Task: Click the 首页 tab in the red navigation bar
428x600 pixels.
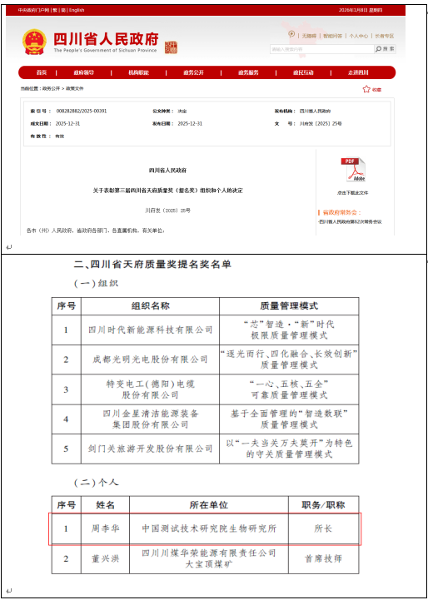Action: tap(42, 72)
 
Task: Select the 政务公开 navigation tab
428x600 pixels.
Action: tap(192, 72)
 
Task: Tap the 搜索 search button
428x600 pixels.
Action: tap(385, 49)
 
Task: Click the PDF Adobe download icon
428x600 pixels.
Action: tap(353, 171)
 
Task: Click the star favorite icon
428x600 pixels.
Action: tap(366, 89)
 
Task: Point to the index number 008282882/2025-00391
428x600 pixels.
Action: tap(81, 110)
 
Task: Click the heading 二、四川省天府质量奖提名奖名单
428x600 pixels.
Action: tap(152, 264)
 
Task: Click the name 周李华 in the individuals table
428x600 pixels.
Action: tap(109, 528)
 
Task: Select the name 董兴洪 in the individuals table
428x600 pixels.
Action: tap(109, 558)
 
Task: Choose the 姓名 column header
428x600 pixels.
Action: tap(109, 504)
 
